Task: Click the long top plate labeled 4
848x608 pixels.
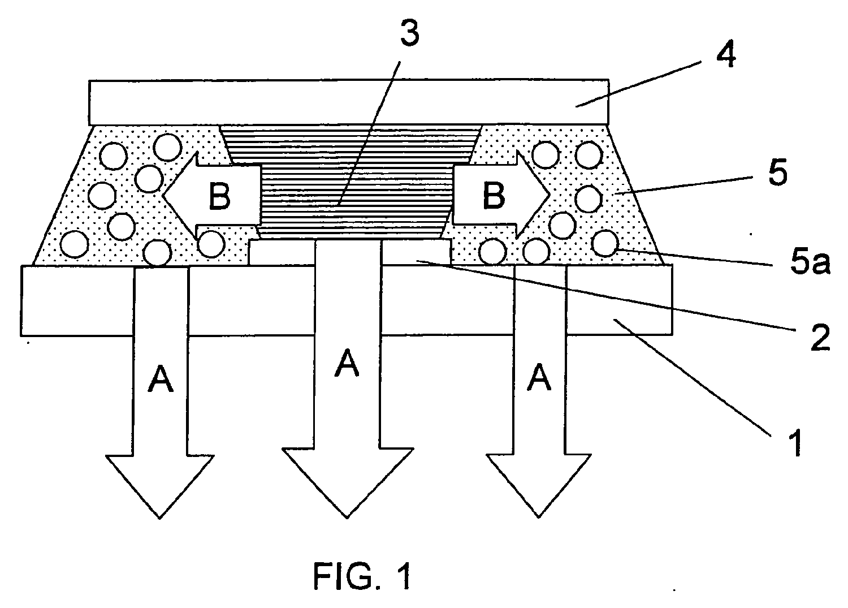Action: [x=348, y=102]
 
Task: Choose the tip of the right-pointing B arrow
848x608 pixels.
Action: [x=548, y=194]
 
